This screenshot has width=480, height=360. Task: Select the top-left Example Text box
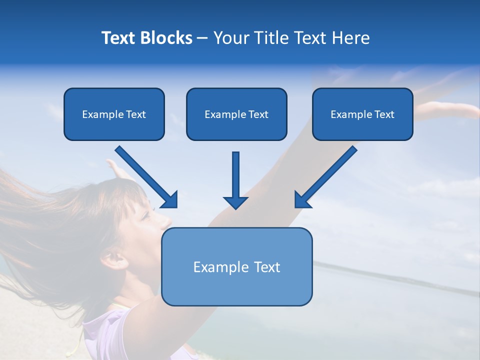click(114, 114)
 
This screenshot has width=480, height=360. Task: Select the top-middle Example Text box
click(236, 114)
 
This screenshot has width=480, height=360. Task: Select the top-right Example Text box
click(362, 114)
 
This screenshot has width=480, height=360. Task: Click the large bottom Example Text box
click(236, 267)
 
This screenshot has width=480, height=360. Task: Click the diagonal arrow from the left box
click(147, 177)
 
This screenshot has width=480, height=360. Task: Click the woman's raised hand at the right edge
click(440, 107)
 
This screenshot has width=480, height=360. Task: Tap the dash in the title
click(202, 38)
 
